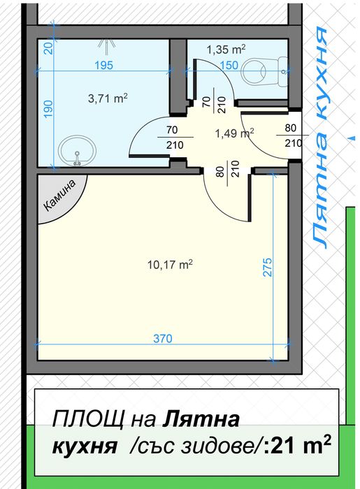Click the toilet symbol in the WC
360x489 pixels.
tap(265, 72)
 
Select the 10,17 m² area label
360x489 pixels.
tap(170, 265)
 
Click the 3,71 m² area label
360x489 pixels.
tap(108, 98)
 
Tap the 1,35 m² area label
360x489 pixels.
tap(226, 49)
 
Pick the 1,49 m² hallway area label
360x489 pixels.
tap(234, 133)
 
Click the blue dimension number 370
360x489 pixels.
tap(163, 338)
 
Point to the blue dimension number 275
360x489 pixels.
tap(268, 267)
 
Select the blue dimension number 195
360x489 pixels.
tap(103, 65)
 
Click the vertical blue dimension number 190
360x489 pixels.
tap(48, 110)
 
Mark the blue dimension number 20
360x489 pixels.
tap(48, 48)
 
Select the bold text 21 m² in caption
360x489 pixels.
tap(301, 446)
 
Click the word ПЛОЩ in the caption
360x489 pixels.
tap(88, 419)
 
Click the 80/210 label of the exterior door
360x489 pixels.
tap(293, 136)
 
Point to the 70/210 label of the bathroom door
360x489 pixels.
tap(174, 137)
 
